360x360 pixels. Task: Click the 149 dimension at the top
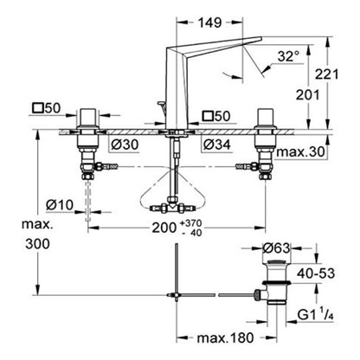(209, 22)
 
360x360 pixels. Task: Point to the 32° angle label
(288, 56)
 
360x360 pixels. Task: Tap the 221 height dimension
(326, 74)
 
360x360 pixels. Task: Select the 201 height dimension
(308, 95)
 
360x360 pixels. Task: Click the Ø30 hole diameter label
(125, 145)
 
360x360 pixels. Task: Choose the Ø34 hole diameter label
(217, 145)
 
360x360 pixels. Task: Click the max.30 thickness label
(300, 151)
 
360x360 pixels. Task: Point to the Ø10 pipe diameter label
(60, 205)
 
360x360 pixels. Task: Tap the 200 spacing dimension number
(164, 228)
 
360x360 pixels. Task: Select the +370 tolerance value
(190, 223)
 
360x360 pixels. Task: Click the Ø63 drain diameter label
(276, 248)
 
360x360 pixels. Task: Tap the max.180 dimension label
(225, 337)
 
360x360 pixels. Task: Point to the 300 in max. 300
(37, 244)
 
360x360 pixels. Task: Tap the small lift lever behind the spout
(161, 109)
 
